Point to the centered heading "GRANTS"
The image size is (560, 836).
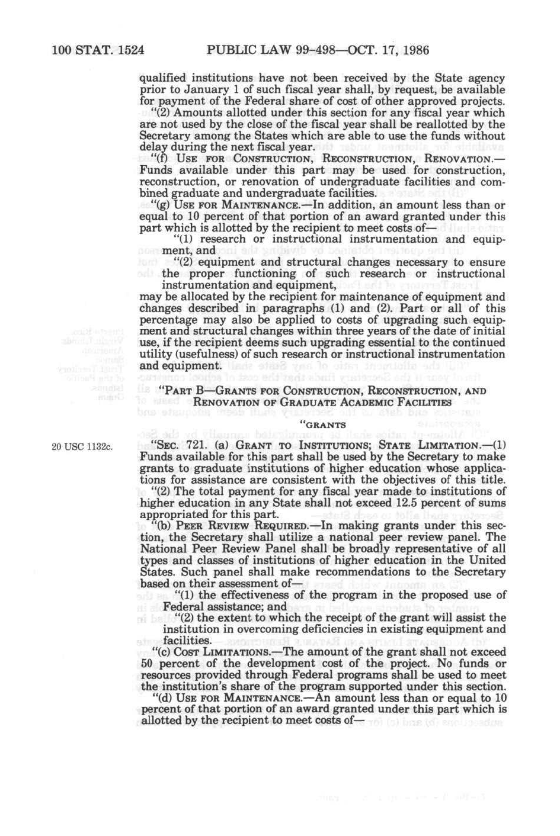point(324,425)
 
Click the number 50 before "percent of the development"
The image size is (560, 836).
point(147,663)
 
